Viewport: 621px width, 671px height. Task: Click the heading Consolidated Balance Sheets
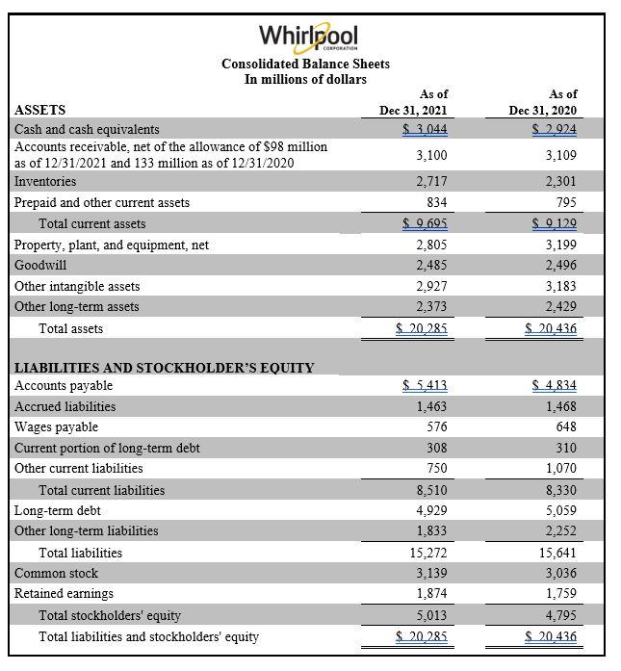pos(305,64)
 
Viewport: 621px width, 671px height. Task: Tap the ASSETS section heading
pos(40,111)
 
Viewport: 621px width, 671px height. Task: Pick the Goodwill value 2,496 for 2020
pos(561,265)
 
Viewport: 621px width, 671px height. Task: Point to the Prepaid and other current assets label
pos(102,202)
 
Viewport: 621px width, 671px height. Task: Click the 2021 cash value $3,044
pos(425,129)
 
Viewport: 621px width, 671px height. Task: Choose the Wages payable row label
pos(56,427)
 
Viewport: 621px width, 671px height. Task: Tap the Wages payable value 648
pos(564,427)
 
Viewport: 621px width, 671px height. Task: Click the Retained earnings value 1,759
pos(561,593)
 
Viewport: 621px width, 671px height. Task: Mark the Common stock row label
pos(56,573)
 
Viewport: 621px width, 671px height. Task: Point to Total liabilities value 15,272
pos(427,553)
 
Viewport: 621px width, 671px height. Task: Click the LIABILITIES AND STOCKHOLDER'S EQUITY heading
pos(164,367)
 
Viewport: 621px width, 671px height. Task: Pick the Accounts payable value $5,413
pos(425,386)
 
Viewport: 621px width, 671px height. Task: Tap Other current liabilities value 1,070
pos(561,468)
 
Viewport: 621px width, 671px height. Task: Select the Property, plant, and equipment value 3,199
pos(561,245)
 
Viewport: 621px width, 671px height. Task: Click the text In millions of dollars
pos(305,79)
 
